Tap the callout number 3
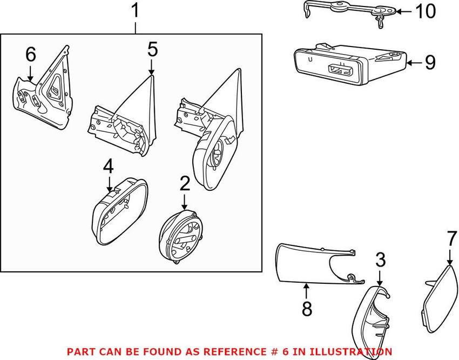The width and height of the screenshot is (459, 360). point(380,262)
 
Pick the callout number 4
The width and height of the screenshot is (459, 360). point(109,168)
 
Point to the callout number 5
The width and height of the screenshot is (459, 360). point(152,50)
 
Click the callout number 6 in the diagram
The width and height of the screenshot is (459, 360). point(30,54)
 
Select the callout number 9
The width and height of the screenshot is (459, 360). point(430,63)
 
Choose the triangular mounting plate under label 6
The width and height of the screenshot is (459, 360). point(46,92)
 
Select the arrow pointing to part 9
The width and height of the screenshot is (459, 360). point(413,63)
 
